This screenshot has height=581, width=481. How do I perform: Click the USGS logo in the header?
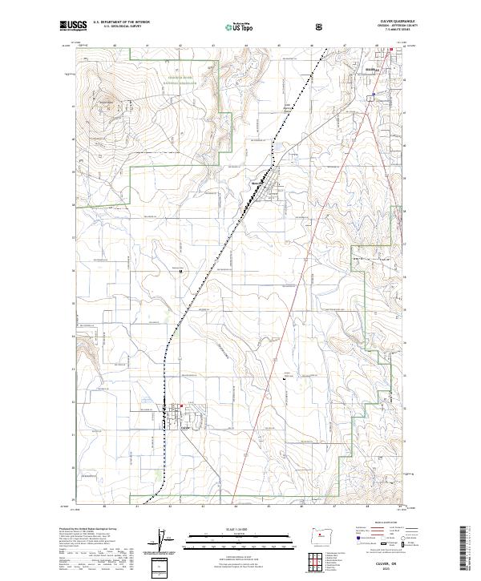(x=71, y=26)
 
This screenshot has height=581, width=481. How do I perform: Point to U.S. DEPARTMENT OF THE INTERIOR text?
(x=121, y=22)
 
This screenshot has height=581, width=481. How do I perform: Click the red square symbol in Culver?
(x=181, y=406)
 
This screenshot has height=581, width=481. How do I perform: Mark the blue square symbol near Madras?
(x=373, y=97)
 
